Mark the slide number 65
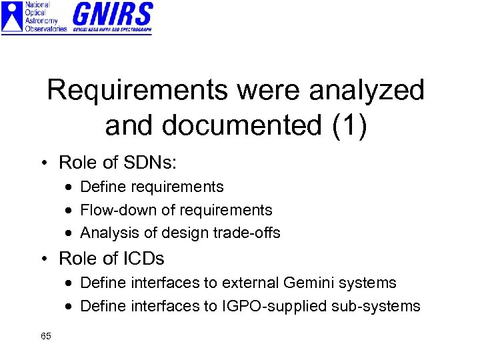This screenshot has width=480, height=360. pos(46,336)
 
